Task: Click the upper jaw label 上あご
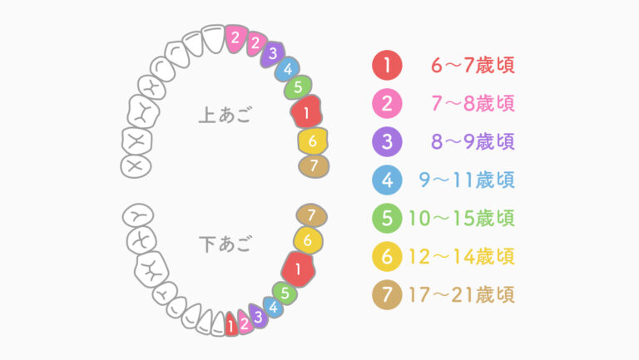[x=225, y=115]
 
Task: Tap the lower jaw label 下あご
[x=225, y=244]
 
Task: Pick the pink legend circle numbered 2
[x=387, y=103]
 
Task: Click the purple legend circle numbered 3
[x=387, y=141]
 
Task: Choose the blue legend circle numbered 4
[x=387, y=180]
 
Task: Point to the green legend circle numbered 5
[x=387, y=218]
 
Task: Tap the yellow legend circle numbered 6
[x=387, y=256]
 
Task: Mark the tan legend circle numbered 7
[x=387, y=294]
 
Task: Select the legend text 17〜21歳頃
[x=462, y=294]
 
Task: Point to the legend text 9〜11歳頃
[x=467, y=180]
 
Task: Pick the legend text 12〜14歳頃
[x=462, y=256]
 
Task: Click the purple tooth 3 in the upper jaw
[x=273, y=53]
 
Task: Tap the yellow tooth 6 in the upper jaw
[x=312, y=141]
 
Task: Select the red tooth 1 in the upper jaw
[x=307, y=111]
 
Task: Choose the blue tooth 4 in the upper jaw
[x=288, y=69]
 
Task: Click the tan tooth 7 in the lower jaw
[x=311, y=215]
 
